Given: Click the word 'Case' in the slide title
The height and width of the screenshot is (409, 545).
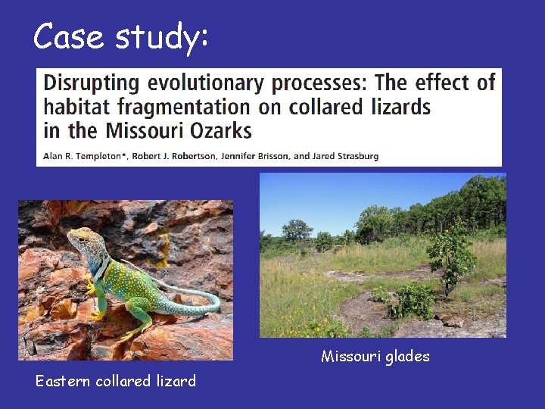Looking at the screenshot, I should click(x=69, y=36).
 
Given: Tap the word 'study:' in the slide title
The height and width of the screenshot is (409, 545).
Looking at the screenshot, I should click(x=162, y=38).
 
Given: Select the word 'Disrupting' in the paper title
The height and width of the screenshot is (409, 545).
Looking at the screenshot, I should click(x=90, y=83).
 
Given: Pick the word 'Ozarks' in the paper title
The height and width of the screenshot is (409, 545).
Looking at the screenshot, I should click(x=216, y=130).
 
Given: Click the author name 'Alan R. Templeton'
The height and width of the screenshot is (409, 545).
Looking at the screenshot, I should click(x=81, y=156).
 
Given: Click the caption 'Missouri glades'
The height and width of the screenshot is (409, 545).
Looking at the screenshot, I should click(x=375, y=356).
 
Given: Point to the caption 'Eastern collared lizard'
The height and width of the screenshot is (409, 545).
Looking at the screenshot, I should click(x=115, y=381).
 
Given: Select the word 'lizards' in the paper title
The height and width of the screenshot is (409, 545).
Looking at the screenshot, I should click(x=400, y=107).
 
